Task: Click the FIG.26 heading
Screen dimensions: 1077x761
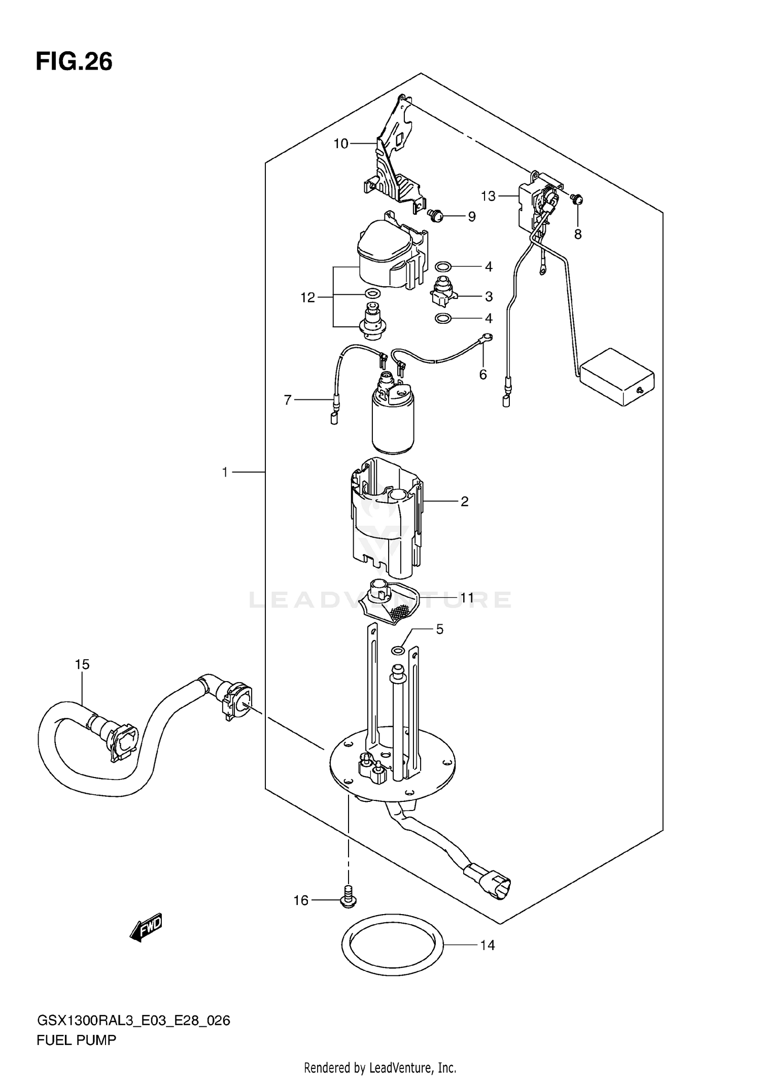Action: pyautogui.click(x=74, y=62)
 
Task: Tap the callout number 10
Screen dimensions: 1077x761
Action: pyautogui.click(x=341, y=144)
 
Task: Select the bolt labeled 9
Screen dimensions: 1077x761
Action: pyautogui.click(x=435, y=216)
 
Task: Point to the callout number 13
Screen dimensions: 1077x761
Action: pyautogui.click(x=488, y=196)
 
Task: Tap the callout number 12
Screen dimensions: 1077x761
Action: pyautogui.click(x=308, y=297)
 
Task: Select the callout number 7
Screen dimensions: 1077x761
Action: pyautogui.click(x=288, y=400)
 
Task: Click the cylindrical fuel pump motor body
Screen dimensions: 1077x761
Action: pyautogui.click(x=393, y=424)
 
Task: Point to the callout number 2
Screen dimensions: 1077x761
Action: pyautogui.click(x=464, y=501)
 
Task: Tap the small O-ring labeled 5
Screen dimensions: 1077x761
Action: pyautogui.click(x=398, y=650)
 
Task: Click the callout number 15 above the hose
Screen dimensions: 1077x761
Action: pyautogui.click(x=82, y=664)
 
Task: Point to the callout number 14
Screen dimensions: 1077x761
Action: pyautogui.click(x=487, y=946)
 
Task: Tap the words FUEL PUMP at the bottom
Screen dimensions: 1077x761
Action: pyautogui.click(x=76, y=1040)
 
